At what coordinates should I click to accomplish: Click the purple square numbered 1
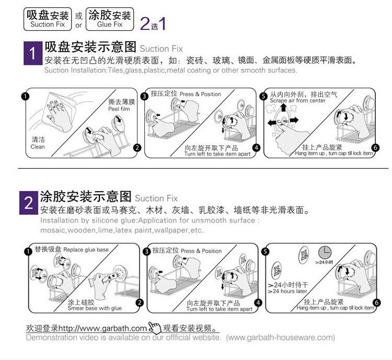coord(32,53)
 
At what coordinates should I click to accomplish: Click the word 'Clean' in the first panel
coord(38,147)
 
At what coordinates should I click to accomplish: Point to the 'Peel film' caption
coord(118,109)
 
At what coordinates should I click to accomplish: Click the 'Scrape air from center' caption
coord(297,100)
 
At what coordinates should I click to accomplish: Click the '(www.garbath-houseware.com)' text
coord(281,338)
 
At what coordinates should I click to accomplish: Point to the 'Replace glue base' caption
coord(86,250)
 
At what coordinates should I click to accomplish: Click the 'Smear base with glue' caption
coord(94,308)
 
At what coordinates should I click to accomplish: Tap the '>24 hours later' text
coord(287,291)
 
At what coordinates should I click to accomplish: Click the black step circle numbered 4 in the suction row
coord(256,148)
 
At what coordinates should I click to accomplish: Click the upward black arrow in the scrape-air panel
coord(283,109)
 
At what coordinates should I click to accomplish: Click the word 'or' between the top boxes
coord(79,25)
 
